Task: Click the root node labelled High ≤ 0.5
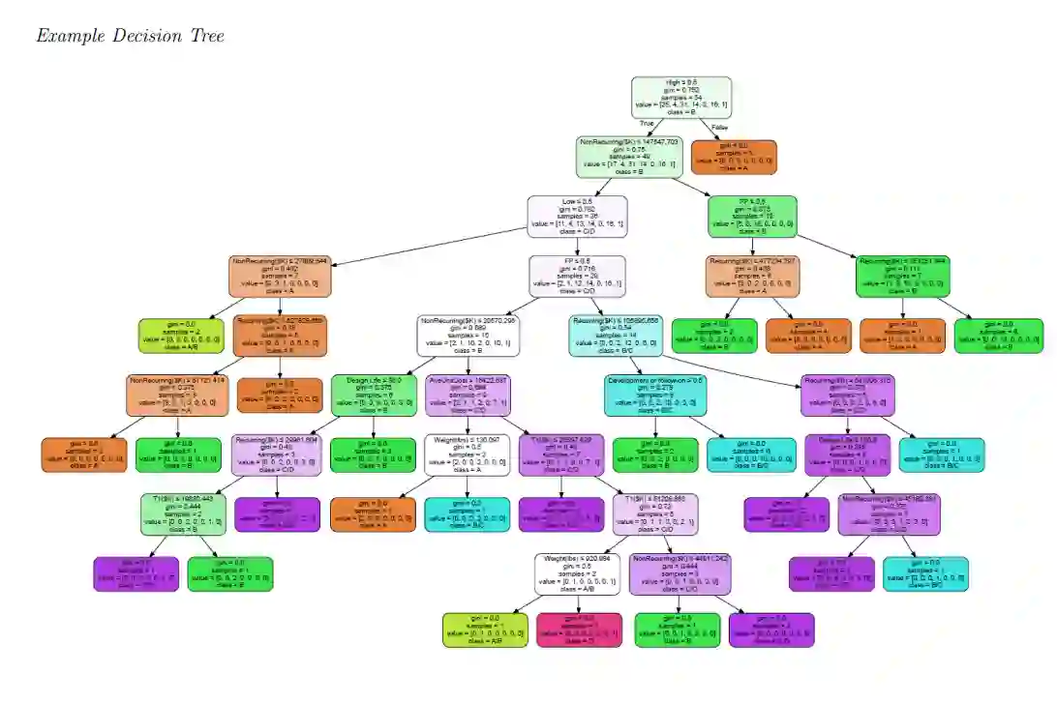click(x=680, y=97)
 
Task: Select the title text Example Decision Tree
click(x=130, y=36)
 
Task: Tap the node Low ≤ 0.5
click(x=577, y=217)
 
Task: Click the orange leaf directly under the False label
click(x=733, y=156)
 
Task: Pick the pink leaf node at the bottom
click(x=579, y=630)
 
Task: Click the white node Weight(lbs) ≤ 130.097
click(x=468, y=455)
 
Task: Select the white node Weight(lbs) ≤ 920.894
click(x=578, y=573)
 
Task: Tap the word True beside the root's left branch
click(x=647, y=124)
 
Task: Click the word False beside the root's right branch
click(x=719, y=127)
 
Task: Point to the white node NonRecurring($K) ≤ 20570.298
click(x=468, y=336)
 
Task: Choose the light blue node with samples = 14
click(x=616, y=336)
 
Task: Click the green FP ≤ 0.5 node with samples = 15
click(x=752, y=217)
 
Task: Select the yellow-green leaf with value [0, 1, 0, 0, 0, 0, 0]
click(x=485, y=630)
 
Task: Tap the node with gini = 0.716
click(x=577, y=277)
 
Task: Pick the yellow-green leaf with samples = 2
click(x=182, y=336)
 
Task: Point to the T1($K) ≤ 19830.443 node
click(x=182, y=514)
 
